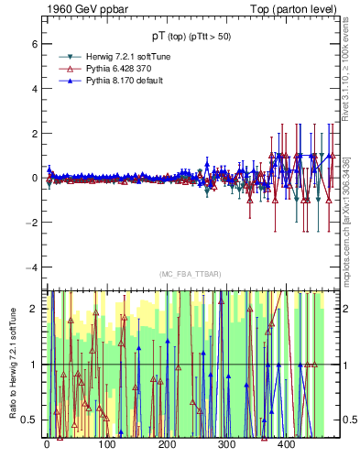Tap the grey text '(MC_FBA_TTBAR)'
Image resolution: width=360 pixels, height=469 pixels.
(x=190, y=274)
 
